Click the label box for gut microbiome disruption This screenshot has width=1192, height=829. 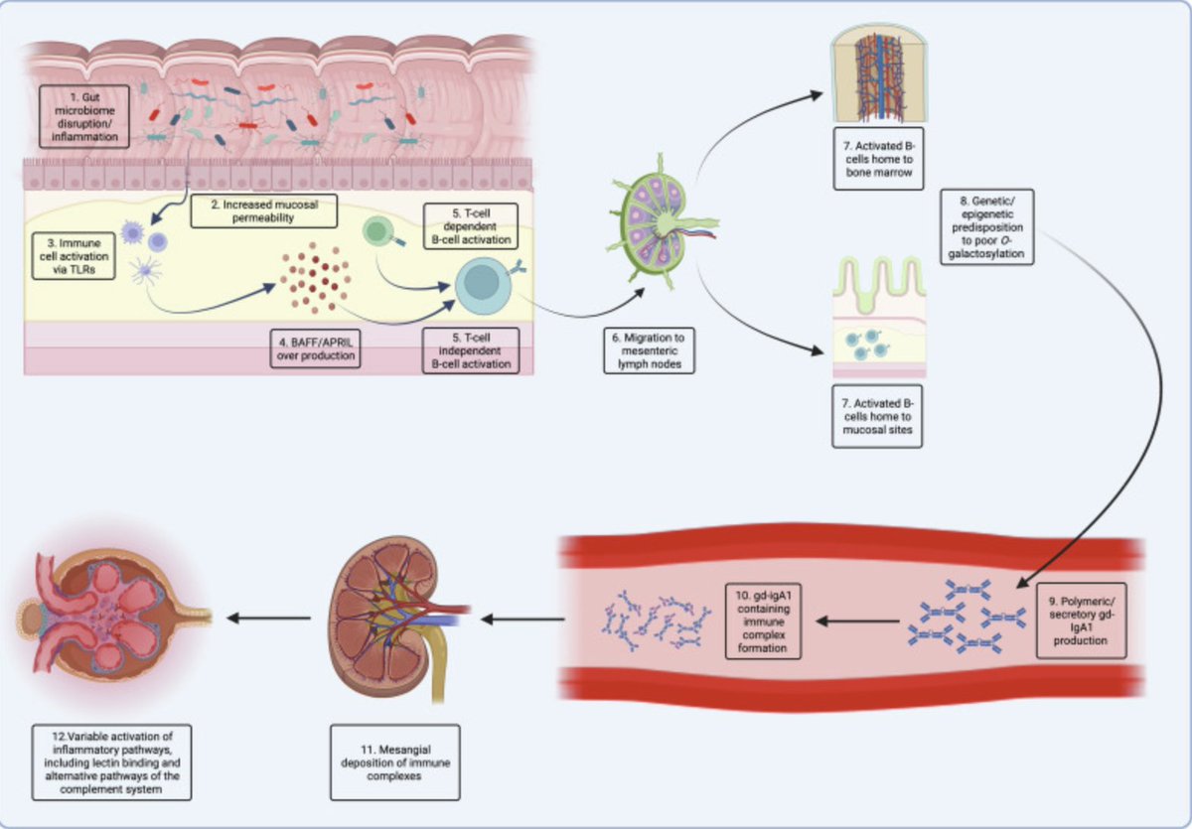coord(86,117)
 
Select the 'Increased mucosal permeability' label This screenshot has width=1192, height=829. coord(263,209)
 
